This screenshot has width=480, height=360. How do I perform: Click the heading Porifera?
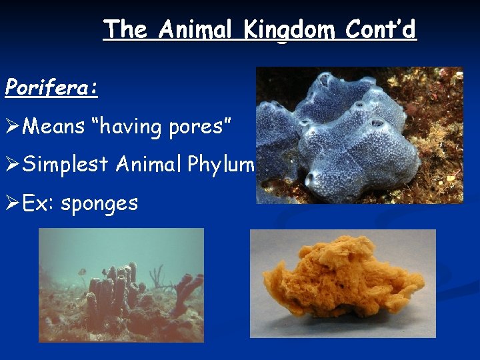(x=51, y=87)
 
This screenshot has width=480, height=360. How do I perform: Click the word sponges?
(x=99, y=202)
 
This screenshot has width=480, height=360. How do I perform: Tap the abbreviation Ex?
(x=39, y=202)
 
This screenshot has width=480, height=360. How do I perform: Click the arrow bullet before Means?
(x=13, y=125)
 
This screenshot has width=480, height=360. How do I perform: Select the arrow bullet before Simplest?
(x=13, y=163)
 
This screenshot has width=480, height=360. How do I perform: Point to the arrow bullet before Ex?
(x=13, y=202)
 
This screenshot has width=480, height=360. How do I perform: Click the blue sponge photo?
(x=340, y=140)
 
